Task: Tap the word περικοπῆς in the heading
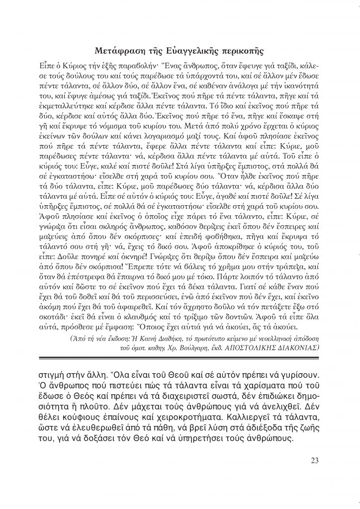(x=243, y=51)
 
